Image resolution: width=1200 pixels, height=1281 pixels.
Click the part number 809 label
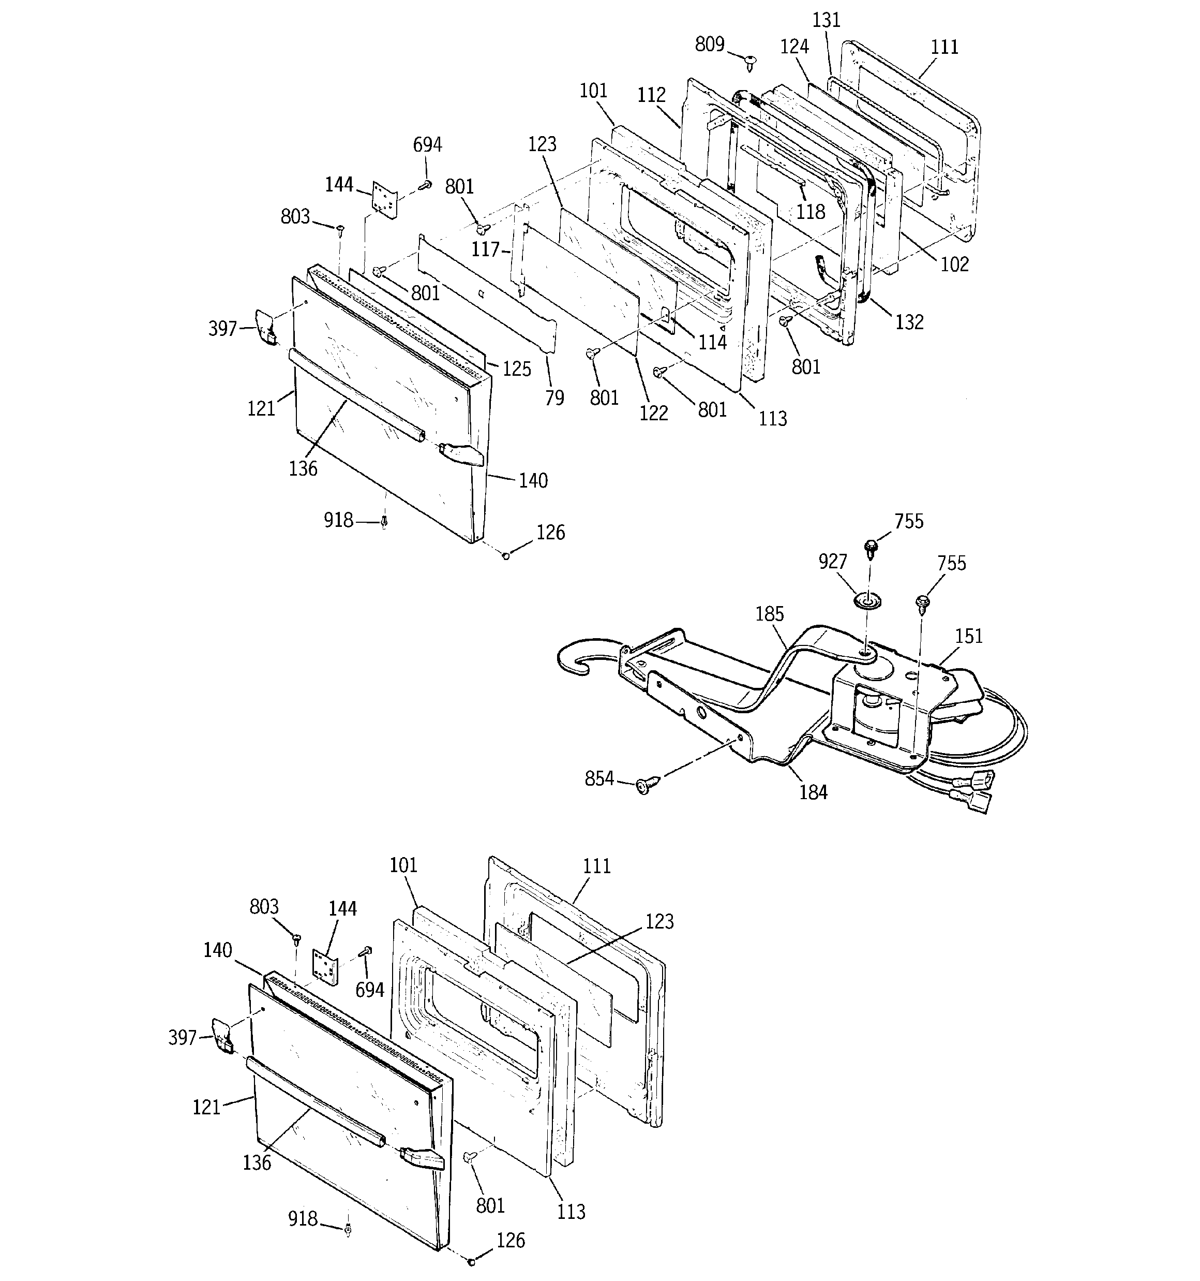point(709,45)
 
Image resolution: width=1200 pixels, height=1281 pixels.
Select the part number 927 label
point(832,561)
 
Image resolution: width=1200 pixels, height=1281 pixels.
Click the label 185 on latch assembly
point(769,614)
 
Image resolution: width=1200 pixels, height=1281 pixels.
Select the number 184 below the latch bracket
point(813,792)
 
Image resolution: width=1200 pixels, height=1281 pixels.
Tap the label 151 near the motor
point(968,636)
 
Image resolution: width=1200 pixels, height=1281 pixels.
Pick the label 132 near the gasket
point(909,322)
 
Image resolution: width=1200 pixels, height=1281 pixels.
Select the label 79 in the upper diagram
point(554,398)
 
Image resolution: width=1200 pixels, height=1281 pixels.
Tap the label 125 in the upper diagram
point(517,369)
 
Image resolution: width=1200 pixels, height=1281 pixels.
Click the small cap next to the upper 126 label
point(506,555)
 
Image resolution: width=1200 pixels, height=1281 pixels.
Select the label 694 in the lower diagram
point(370,990)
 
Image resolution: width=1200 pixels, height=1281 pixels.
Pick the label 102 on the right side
point(954,264)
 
